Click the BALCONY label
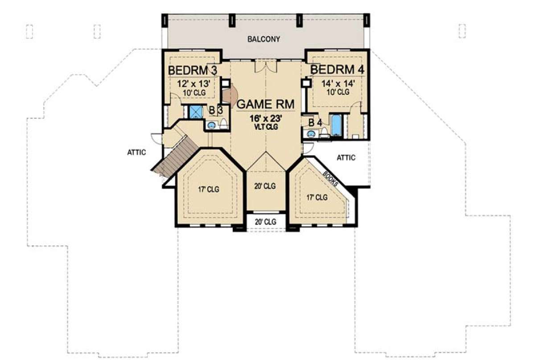(263, 39)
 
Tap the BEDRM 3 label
(193, 70)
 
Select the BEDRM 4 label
(337, 70)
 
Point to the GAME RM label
(265, 104)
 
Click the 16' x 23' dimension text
(266, 118)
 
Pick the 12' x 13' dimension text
(193, 84)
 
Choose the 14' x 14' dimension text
(338, 84)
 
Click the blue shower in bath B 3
(196, 112)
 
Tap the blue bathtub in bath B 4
(336, 125)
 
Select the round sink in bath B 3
(211, 125)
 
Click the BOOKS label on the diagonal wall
(330, 179)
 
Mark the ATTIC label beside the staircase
(136, 152)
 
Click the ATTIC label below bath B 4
(346, 157)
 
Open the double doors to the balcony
(266, 66)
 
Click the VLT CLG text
(266, 127)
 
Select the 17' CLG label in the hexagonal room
(209, 190)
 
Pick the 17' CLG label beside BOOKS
(317, 198)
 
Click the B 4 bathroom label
(315, 123)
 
